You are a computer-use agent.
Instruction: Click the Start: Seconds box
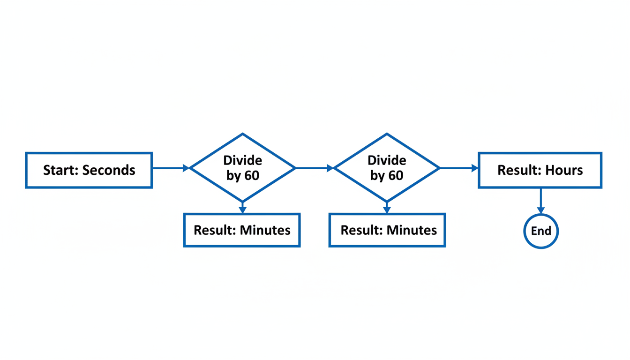[x=89, y=170]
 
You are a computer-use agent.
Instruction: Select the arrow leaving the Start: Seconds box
[x=170, y=168]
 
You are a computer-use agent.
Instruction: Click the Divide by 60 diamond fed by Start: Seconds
[x=242, y=168]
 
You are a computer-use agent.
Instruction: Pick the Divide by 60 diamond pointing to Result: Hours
[x=387, y=168]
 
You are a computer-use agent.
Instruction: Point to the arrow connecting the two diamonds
[x=314, y=168]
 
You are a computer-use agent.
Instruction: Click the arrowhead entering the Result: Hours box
[x=474, y=168]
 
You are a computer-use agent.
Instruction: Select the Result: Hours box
[x=540, y=170]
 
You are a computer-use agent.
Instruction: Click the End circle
[x=541, y=231]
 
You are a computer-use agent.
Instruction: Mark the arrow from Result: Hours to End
[x=540, y=201]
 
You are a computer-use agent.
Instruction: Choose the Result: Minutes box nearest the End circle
[x=387, y=230]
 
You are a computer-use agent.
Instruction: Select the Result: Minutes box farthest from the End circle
[x=242, y=230]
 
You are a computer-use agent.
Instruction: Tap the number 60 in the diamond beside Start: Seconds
[x=251, y=176]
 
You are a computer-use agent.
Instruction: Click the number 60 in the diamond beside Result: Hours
[x=396, y=176]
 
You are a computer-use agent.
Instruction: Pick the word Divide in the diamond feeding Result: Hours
[x=387, y=161]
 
